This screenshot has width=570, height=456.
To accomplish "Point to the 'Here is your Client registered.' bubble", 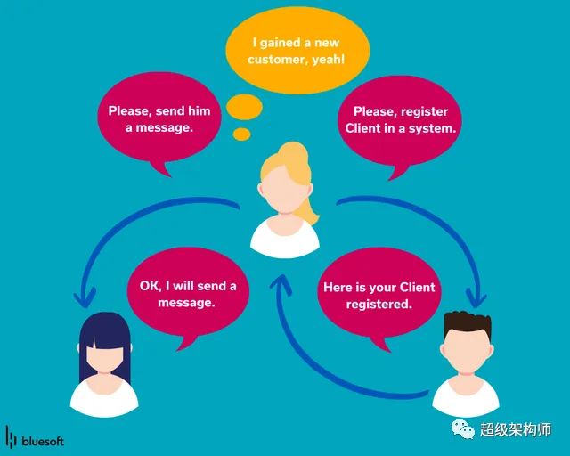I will pos(379,296).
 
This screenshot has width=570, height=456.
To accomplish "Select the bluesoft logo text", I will pos(43,440).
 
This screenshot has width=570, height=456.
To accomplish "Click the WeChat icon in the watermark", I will pos(463,428).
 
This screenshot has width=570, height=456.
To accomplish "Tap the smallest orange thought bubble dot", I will pos(241,134).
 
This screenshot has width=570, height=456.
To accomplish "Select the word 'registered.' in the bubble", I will pos(379,305).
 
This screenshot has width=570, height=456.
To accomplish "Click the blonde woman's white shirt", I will pos(284,236).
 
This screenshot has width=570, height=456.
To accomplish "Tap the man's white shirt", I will pos(466,396).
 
